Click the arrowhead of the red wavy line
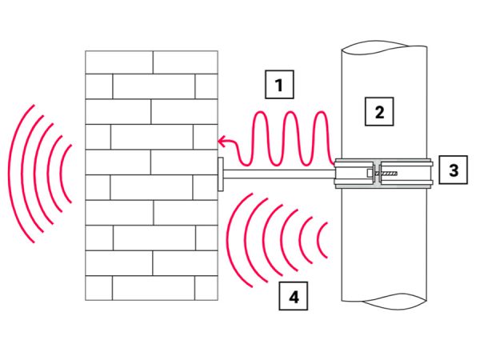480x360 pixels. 221,142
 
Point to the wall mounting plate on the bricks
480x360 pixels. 220,174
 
